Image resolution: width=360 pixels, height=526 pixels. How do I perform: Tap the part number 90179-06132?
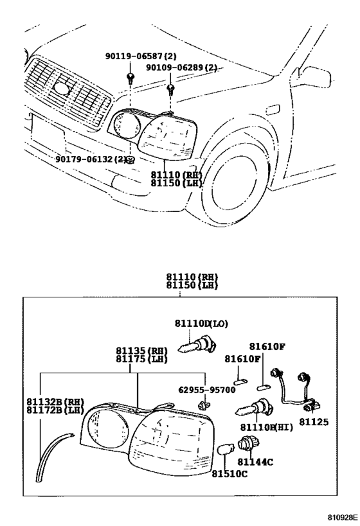tap(85, 159)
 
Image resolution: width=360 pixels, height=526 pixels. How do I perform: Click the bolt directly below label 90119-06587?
tap(131, 78)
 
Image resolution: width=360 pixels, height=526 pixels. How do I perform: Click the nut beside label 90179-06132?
tap(130, 159)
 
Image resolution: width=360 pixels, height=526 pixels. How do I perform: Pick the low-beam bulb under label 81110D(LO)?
tap(199, 348)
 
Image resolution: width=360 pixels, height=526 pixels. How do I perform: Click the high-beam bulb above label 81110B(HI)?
tap(255, 409)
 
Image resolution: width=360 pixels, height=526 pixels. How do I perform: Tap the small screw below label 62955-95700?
tap(204, 405)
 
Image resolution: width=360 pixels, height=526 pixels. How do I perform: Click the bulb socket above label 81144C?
tap(246, 443)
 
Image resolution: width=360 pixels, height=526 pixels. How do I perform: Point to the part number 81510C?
tap(230, 474)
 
